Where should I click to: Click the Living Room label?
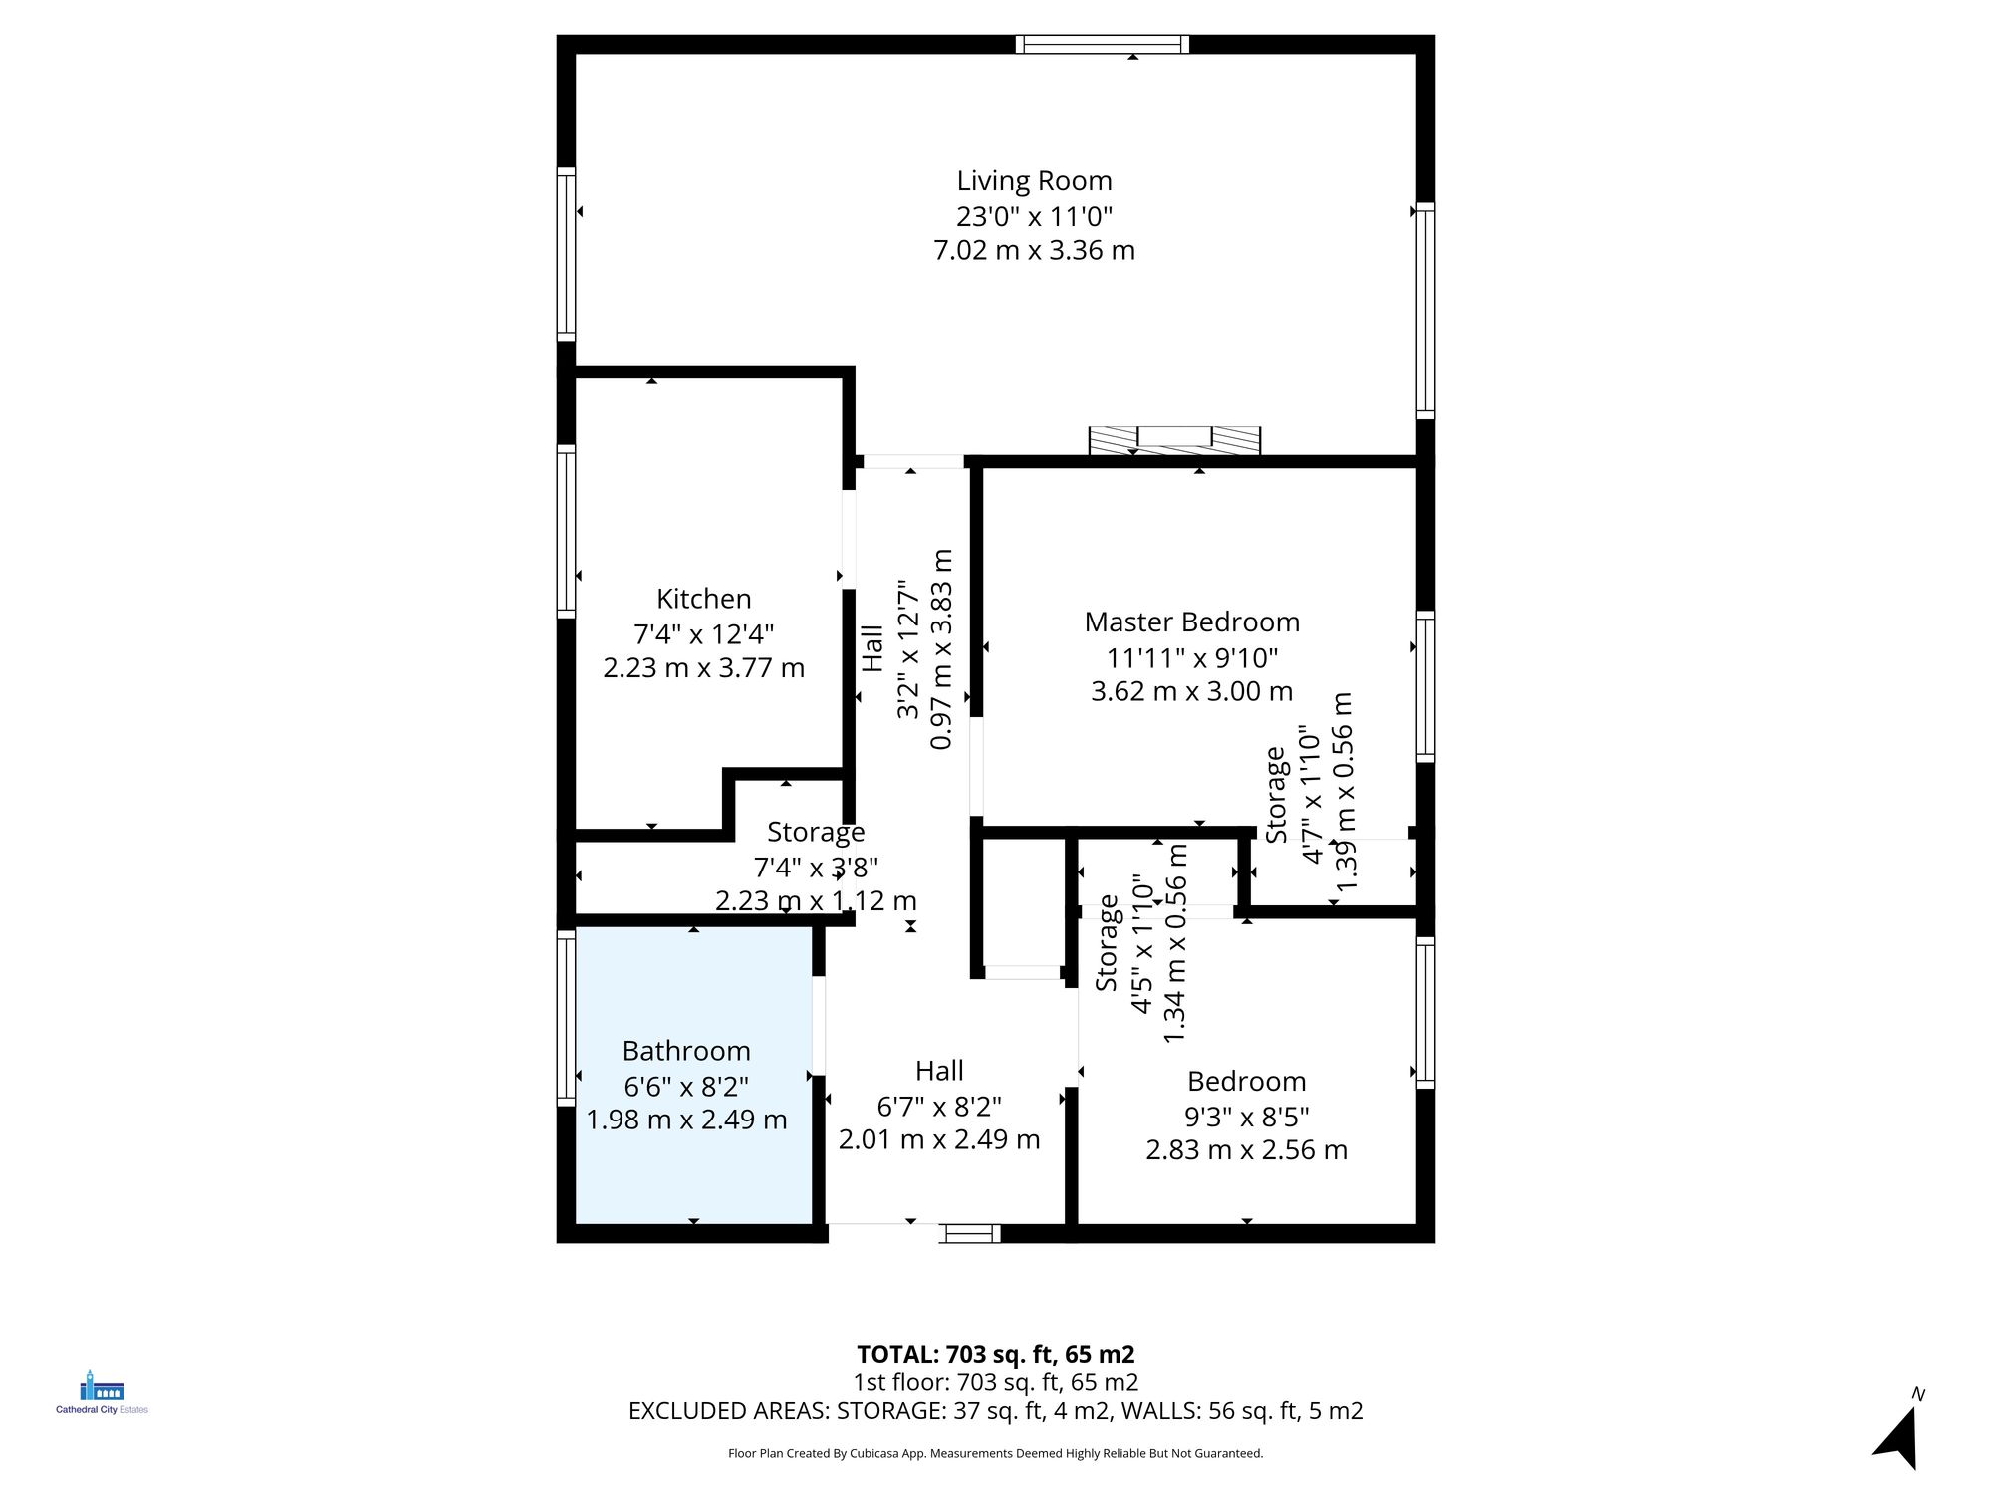click(1034, 181)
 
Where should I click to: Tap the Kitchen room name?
click(703, 599)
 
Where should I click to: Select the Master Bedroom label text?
click(1191, 622)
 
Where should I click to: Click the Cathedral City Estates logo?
click(102, 1393)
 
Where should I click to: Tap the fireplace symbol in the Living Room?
click(1174, 438)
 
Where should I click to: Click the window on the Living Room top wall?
click(1103, 44)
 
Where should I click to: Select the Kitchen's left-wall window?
click(566, 531)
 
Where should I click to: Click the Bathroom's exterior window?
click(566, 1017)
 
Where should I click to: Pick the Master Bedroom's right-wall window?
click(1425, 687)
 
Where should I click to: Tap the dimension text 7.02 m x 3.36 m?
click(1034, 250)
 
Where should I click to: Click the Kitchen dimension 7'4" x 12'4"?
click(703, 633)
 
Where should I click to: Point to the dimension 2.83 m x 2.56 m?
click(1246, 1150)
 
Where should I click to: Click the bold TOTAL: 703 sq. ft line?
click(995, 1354)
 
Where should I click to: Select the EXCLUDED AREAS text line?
click(995, 1411)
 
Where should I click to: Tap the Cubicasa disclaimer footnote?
click(995, 1453)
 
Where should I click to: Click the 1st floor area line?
click(995, 1382)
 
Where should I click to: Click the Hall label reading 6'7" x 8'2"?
click(939, 1106)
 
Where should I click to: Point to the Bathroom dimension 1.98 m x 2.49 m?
click(686, 1120)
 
